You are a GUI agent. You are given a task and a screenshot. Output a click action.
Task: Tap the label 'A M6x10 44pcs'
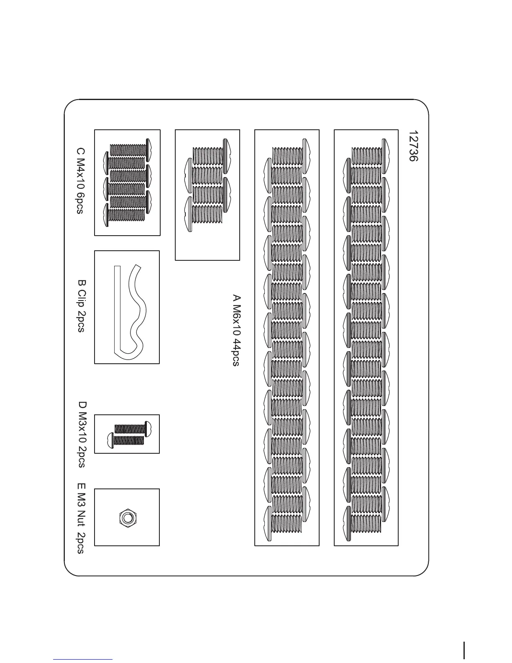[236, 331]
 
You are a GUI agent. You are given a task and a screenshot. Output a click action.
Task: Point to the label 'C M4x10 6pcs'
[80, 180]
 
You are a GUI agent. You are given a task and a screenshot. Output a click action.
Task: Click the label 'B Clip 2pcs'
[81, 305]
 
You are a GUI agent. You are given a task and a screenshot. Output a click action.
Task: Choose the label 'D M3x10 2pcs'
[82, 434]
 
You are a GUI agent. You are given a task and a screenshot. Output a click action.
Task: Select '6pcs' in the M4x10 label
[80, 203]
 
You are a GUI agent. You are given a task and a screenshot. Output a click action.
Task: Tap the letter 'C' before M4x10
[80, 151]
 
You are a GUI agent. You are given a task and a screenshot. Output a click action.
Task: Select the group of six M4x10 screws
[127, 182]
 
